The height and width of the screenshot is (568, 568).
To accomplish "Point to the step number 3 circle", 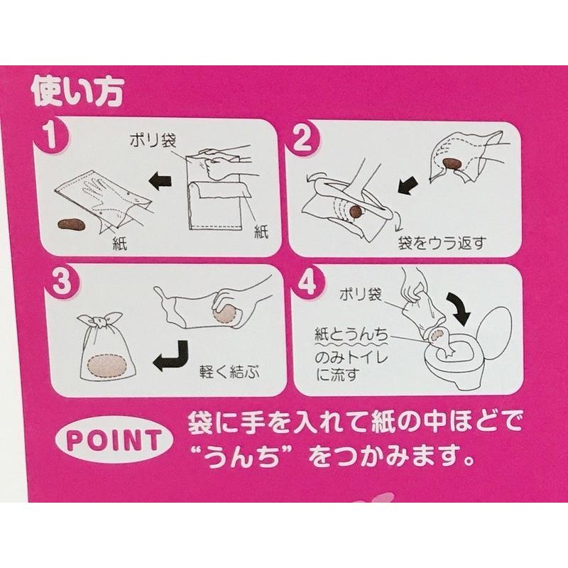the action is point(62,282).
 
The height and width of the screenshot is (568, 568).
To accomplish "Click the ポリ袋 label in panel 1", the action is point(153,139).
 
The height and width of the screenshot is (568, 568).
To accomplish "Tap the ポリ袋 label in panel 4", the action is point(361,294).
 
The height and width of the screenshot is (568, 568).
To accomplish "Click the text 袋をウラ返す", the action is point(442,243).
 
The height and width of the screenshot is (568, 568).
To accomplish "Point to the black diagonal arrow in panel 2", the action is point(409,184).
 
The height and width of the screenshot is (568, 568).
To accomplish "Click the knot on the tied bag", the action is point(98,321).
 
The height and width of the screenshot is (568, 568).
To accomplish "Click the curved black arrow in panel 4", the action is point(458,305).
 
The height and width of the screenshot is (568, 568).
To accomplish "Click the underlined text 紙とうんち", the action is point(351,334).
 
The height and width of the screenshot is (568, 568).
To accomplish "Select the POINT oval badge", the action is point(114,440).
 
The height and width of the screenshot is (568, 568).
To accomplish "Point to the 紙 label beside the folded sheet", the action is point(261,231).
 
